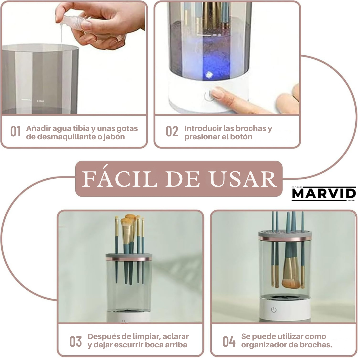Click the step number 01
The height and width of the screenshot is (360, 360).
[15, 131]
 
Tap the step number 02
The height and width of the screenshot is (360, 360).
[172, 131]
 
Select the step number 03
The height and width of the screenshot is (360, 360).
[76, 341]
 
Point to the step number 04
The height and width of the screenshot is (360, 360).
[229, 341]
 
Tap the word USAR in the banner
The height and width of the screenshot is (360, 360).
[243, 179]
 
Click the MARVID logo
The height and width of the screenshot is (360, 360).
[324, 194]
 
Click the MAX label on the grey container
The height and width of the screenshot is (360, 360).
[41, 101]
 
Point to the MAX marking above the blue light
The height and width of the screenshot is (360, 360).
[217, 35]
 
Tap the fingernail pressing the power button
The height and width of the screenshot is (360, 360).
[217, 93]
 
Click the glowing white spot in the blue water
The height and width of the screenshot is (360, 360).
[209, 74]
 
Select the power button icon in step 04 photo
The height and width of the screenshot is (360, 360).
[274, 309]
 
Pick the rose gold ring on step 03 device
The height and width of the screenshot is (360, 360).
[129, 259]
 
